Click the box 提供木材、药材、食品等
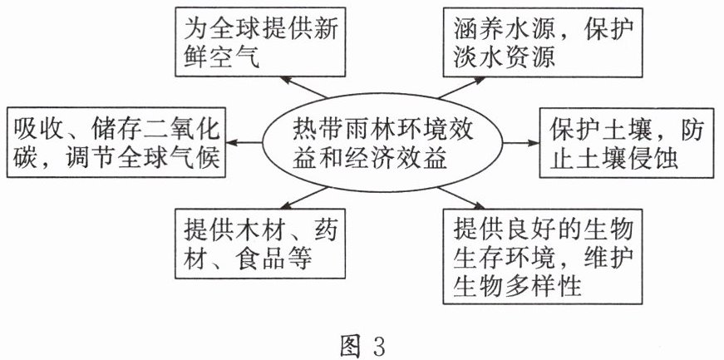coord(259,238)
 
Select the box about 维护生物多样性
coord(539,256)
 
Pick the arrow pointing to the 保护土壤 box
coord(520,143)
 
